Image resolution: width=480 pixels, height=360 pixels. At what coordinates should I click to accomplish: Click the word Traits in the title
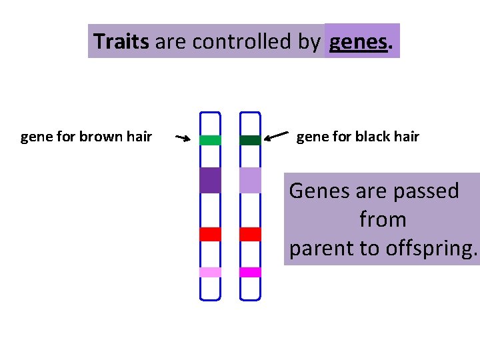pyautogui.click(x=121, y=41)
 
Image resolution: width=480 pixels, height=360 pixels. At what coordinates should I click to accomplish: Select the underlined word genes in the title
pyautogui.click(x=359, y=41)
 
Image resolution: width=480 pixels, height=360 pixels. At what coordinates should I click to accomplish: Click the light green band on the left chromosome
pyautogui.click(x=210, y=140)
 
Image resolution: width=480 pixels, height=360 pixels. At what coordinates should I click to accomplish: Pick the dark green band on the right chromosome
pyautogui.click(x=250, y=140)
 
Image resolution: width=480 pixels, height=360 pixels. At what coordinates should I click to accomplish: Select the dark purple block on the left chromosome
pyautogui.click(x=210, y=180)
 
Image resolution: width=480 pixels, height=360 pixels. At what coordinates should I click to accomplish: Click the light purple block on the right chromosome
pyautogui.click(x=250, y=180)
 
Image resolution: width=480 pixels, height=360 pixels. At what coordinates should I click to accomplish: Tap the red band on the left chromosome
pyautogui.click(x=210, y=234)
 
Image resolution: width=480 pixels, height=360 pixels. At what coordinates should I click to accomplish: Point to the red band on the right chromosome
pyautogui.click(x=250, y=234)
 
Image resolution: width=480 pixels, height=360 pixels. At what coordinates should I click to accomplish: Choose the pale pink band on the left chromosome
pyautogui.click(x=210, y=272)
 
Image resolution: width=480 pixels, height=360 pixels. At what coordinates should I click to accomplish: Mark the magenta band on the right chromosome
pyautogui.click(x=250, y=272)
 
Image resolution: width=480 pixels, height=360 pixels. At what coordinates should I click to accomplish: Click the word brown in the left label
pyautogui.click(x=99, y=137)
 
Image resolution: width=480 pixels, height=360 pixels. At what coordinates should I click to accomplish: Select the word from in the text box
pyautogui.click(x=383, y=219)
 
